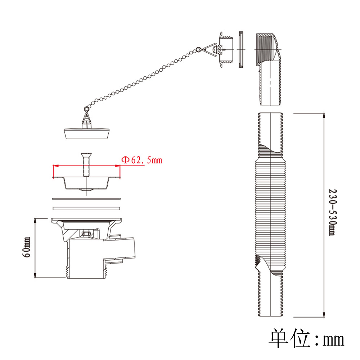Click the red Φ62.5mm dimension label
(x=141, y=160)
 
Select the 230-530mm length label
(x=332, y=212)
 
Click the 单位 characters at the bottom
(x=290, y=338)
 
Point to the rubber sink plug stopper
(x=86, y=134)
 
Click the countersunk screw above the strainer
(x=86, y=165)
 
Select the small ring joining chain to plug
(x=86, y=108)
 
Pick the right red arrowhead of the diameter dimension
(x=117, y=166)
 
